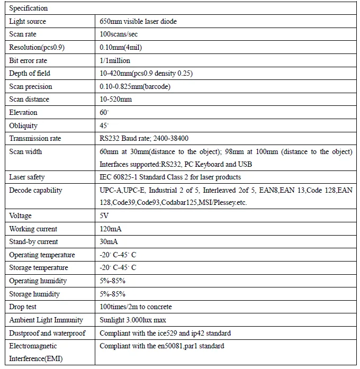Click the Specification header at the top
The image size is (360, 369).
point(29,8)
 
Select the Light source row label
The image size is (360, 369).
point(28,22)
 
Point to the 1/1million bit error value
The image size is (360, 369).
point(115,60)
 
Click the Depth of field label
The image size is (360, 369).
point(30,73)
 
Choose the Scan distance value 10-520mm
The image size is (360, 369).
point(116,99)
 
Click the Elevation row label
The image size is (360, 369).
point(23,112)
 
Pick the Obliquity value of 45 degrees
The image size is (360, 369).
point(104,125)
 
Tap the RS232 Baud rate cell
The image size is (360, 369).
point(144,138)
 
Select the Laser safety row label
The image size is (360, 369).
point(27,177)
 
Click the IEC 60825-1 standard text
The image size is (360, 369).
point(170,177)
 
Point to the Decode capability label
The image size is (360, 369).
point(35,190)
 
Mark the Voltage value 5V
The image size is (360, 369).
point(104,216)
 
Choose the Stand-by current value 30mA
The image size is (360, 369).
point(109,242)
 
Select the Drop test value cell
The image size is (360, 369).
point(136,307)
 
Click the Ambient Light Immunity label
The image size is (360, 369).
point(46,320)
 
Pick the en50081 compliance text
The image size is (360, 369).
point(161,346)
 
